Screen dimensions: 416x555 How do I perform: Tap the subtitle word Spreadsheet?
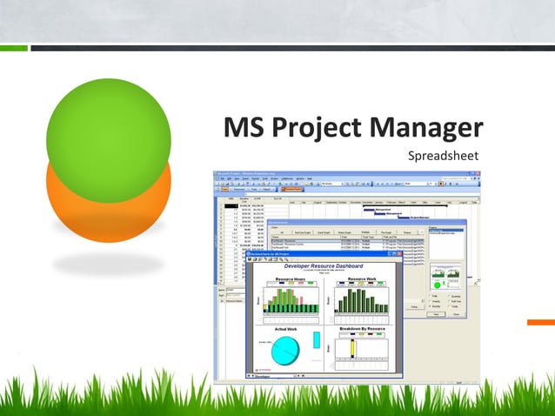pyautogui.click(x=444, y=157)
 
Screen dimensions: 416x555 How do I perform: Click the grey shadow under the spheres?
pyautogui.click(x=108, y=264)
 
